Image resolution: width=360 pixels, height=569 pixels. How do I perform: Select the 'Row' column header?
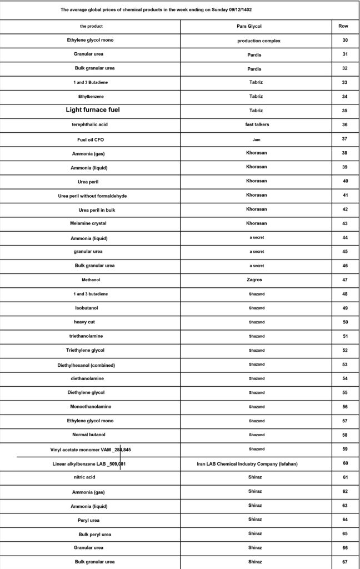[x=344, y=26]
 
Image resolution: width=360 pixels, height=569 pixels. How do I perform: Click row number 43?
[x=345, y=223]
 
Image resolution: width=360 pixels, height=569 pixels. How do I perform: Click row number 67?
[x=345, y=562]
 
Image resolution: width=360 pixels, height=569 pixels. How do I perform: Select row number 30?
[x=345, y=41]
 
